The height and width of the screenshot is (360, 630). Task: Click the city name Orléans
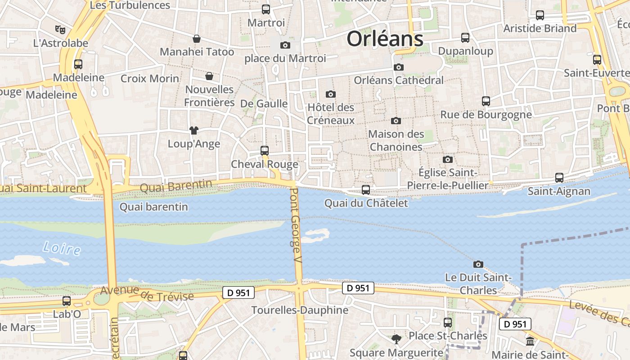pyautogui.click(x=385, y=39)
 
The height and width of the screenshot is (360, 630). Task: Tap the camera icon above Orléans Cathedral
pyautogui.click(x=398, y=67)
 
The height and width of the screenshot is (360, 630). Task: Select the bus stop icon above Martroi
pyautogui.click(x=266, y=9)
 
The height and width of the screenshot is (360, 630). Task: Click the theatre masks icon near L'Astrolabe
pyautogui.click(x=60, y=30)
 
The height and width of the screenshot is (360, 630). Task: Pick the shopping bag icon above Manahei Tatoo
pyautogui.click(x=197, y=39)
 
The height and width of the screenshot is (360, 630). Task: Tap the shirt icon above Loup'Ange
pyautogui.click(x=193, y=130)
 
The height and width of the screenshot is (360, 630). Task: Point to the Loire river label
pyautogui.click(x=62, y=248)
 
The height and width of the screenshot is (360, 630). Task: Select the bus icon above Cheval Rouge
pyautogui.click(x=265, y=151)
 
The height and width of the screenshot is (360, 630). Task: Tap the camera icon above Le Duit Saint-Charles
pyautogui.click(x=478, y=264)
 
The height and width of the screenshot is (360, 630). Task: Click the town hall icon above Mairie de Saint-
pyautogui.click(x=530, y=342)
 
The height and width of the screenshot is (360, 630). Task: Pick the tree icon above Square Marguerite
pyautogui.click(x=396, y=339)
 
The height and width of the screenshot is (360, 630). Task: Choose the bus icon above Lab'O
pyautogui.click(x=67, y=301)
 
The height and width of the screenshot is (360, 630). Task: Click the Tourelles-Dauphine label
pyautogui.click(x=300, y=310)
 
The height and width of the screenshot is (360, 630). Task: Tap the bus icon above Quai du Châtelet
pyautogui.click(x=366, y=190)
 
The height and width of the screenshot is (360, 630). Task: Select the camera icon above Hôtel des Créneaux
pyautogui.click(x=331, y=94)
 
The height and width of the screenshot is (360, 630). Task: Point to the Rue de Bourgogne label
pyautogui.click(x=486, y=115)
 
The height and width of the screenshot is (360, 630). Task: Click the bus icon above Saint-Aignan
pyautogui.click(x=559, y=178)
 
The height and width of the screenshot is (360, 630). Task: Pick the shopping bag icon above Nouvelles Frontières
pyautogui.click(x=209, y=76)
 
